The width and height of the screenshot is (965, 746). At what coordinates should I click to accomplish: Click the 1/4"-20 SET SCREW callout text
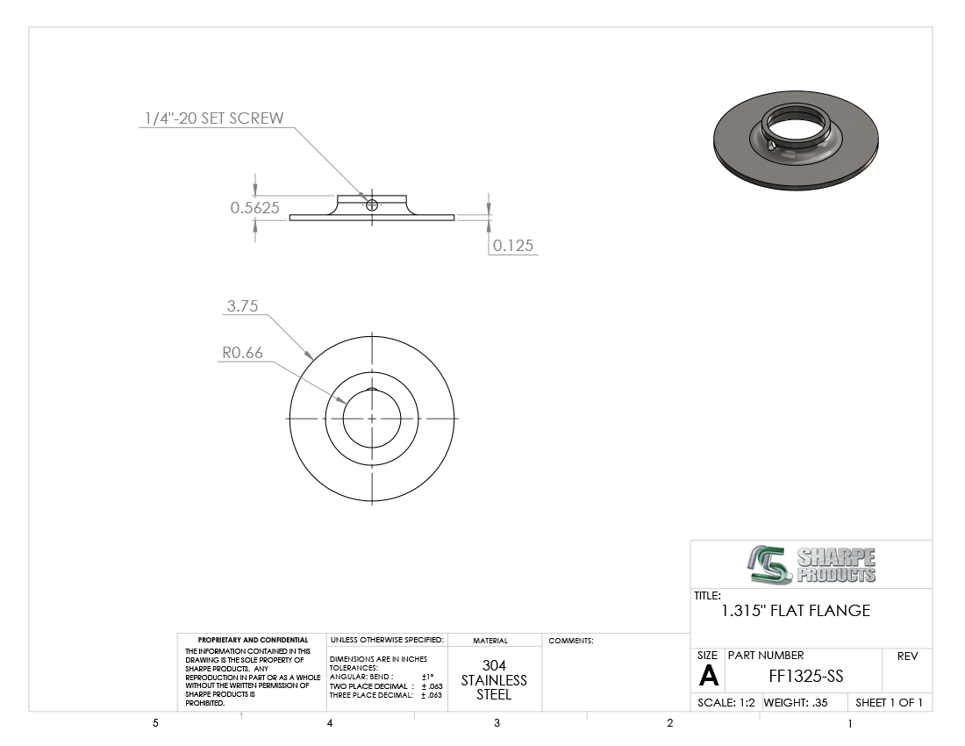click(x=214, y=118)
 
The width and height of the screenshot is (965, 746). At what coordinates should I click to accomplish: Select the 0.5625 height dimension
click(x=254, y=208)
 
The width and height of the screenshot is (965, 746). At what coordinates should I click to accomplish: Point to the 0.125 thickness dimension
click(x=512, y=246)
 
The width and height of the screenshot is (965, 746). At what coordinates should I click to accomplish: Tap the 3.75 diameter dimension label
click(x=242, y=306)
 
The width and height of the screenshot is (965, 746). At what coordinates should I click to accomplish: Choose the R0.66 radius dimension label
click(x=242, y=353)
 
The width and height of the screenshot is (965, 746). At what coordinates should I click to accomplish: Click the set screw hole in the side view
click(x=372, y=205)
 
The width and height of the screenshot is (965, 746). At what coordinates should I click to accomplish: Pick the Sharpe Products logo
click(x=811, y=564)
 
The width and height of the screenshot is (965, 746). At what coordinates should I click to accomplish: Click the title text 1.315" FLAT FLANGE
click(x=796, y=611)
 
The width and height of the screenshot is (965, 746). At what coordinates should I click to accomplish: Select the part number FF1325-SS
click(x=805, y=677)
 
